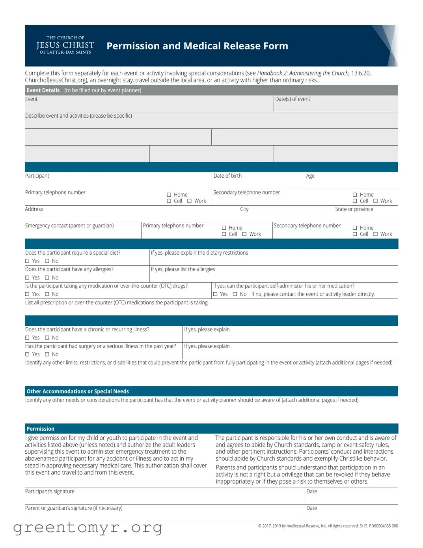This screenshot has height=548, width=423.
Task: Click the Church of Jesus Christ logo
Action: (65, 45)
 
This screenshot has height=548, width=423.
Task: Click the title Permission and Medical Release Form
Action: (197, 46)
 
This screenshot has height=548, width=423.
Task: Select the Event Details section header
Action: (43, 90)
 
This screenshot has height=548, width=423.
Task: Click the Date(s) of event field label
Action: (293, 99)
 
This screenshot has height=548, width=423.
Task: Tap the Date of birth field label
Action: (227, 176)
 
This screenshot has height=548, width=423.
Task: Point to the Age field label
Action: (310, 176)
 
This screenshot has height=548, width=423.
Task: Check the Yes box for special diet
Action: (27, 261)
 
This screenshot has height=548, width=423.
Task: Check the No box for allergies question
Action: (47, 278)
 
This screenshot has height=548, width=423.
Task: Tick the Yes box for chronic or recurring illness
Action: (27, 338)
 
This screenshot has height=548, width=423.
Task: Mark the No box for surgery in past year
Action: (47, 355)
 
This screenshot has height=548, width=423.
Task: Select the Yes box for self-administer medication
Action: (215, 294)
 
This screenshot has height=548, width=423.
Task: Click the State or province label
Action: (354, 209)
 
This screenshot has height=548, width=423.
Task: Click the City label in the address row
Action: (244, 209)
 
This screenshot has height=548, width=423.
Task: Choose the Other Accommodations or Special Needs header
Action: (78, 391)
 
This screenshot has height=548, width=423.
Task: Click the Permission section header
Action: (41, 429)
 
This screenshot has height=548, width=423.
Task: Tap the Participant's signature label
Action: (50, 492)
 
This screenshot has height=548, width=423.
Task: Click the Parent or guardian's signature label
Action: (74, 508)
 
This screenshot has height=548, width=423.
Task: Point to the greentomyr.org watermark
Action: (88, 527)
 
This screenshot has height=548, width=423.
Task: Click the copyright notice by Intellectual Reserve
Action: (328, 526)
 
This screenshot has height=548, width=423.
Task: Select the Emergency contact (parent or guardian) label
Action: (69, 226)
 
